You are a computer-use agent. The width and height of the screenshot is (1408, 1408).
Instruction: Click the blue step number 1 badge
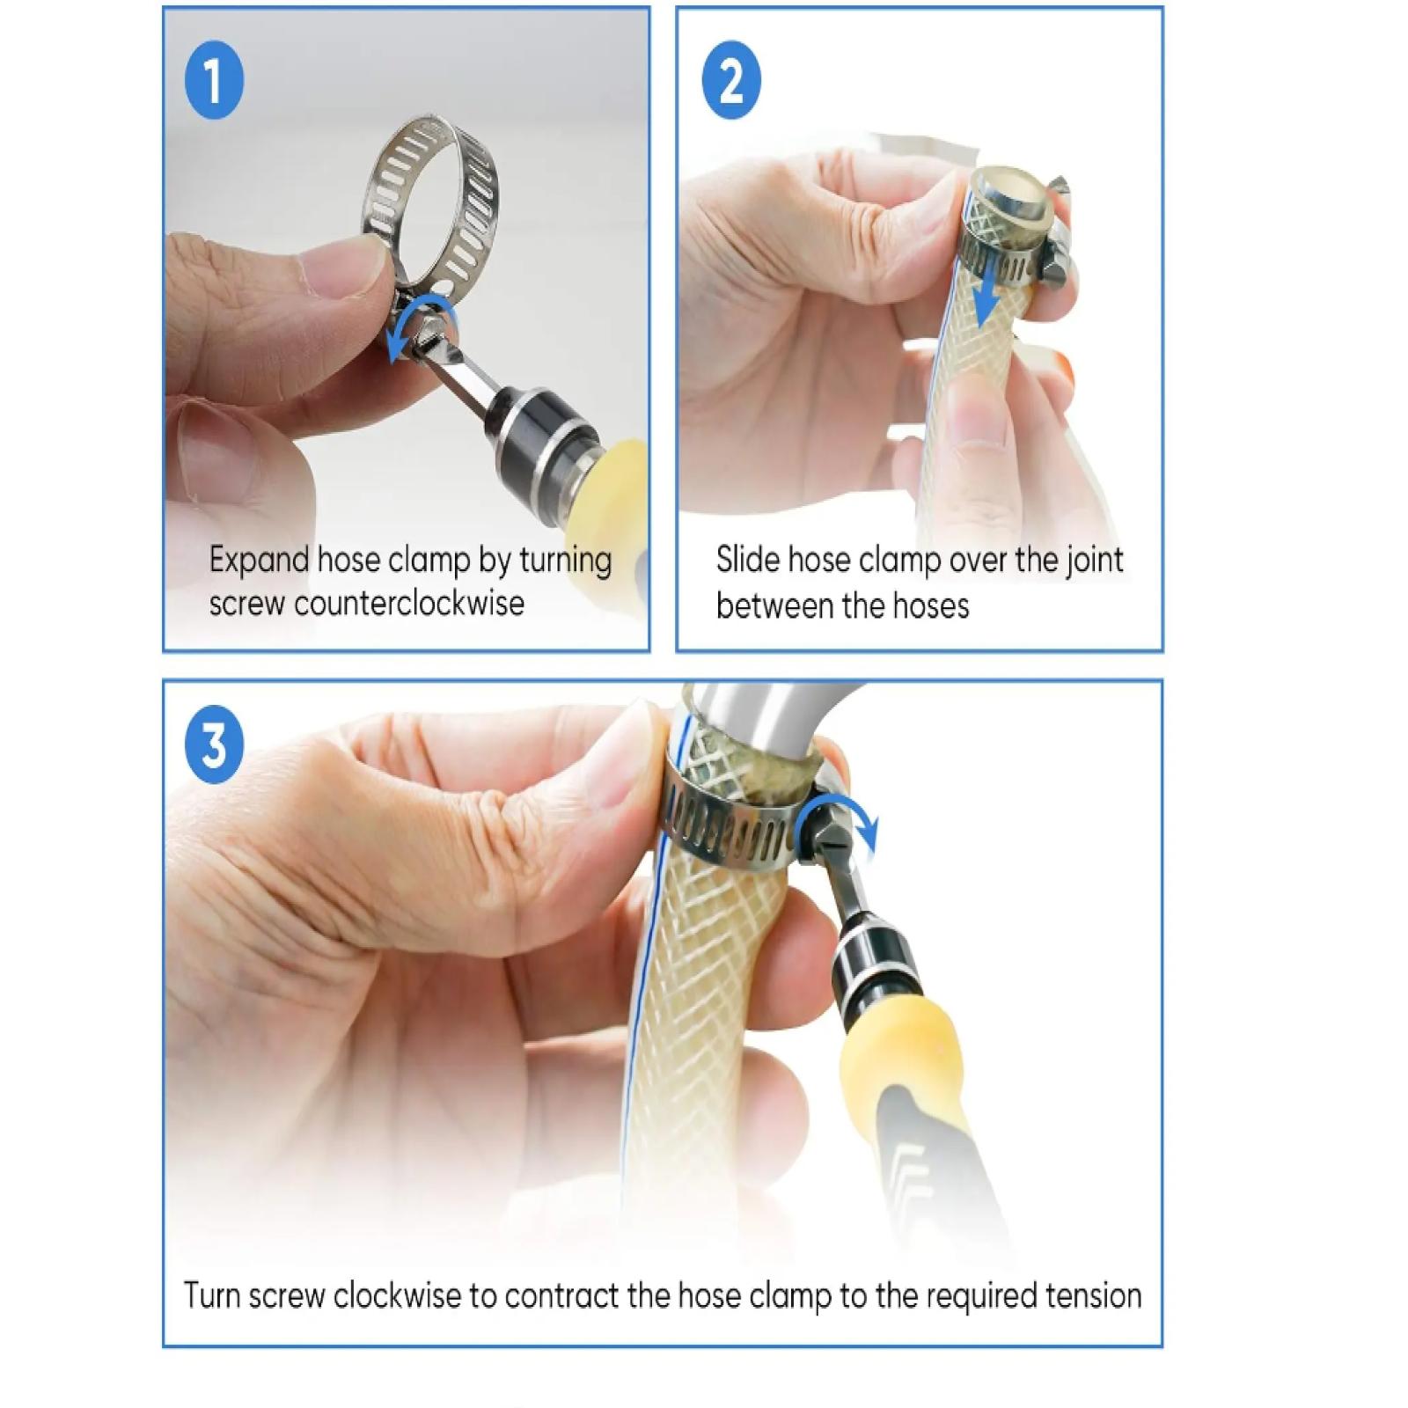[x=214, y=81]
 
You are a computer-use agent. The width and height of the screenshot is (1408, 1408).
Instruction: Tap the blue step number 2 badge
[x=730, y=81]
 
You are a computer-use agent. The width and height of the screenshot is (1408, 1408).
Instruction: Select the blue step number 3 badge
[x=214, y=745]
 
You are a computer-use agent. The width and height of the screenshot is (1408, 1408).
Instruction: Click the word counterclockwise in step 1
[x=409, y=604]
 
